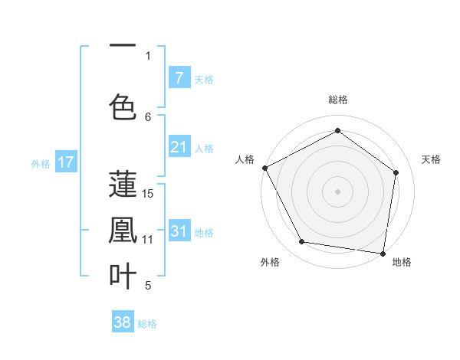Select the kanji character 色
tap(123, 105)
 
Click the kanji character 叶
tap(123, 276)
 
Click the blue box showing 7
tap(179, 77)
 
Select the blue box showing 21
tap(179, 147)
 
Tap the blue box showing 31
tap(179, 231)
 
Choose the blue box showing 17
tap(66, 162)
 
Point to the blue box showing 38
tap(123, 322)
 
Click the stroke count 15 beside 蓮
tap(149, 193)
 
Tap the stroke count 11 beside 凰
tap(149, 239)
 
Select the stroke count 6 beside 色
tap(149, 116)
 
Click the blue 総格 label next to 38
tap(147, 324)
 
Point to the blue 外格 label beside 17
tap(41, 163)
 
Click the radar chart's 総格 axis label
tap(337, 100)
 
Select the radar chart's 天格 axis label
tap(431, 159)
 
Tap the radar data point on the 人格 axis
tap(264, 168)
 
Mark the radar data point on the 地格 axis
tap(383, 253)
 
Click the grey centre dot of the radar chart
tap(337, 191)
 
